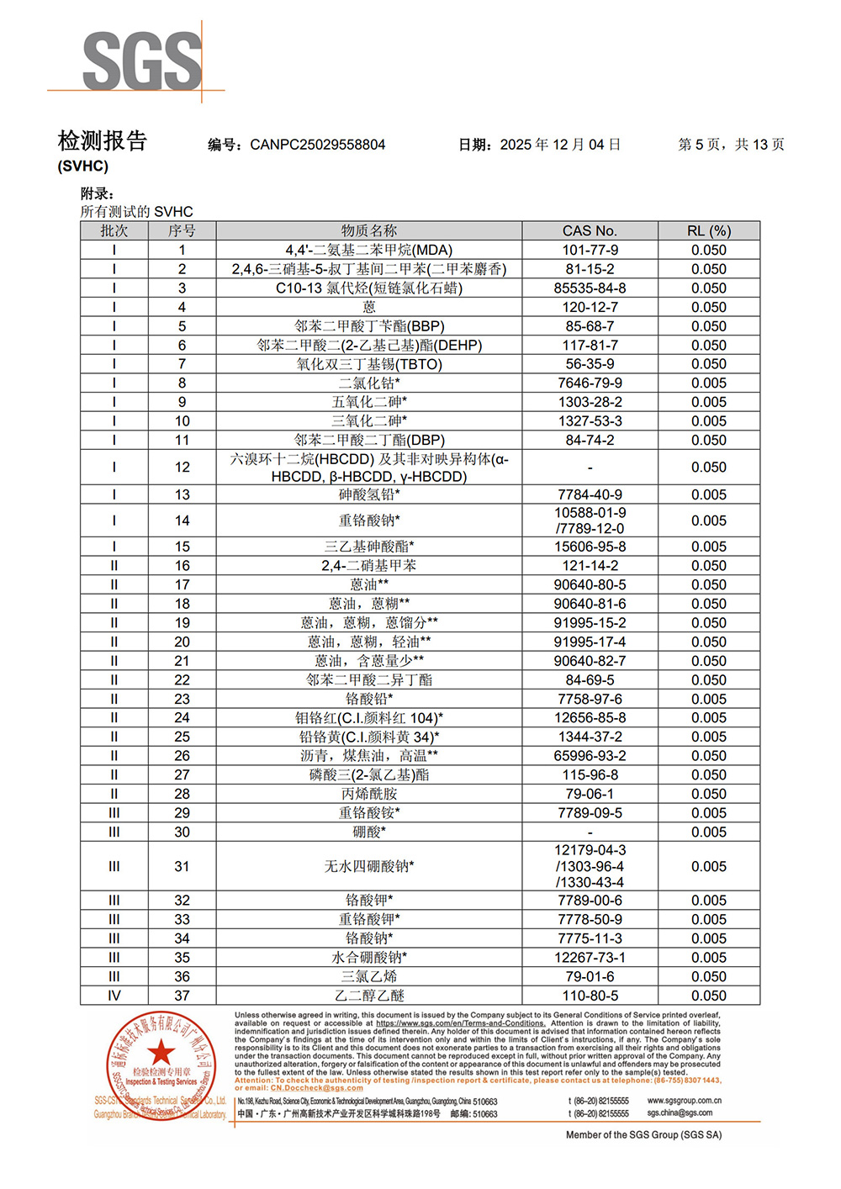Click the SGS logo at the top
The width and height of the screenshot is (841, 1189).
142,61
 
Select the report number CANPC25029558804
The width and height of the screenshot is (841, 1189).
317,145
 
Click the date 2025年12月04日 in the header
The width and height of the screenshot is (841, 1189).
560,145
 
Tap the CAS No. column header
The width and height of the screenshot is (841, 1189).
590,230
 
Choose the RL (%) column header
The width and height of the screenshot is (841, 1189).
708,230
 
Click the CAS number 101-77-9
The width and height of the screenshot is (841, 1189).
590,250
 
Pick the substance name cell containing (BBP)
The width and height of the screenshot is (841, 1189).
369,326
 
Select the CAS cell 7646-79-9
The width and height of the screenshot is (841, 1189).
590,383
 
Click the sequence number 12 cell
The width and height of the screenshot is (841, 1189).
182,467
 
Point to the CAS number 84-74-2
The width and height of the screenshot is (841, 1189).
590,440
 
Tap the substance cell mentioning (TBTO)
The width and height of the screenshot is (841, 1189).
369,364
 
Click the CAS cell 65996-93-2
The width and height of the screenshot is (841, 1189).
590,756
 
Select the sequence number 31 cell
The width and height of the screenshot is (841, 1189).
182,866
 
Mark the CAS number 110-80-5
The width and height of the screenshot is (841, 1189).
590,996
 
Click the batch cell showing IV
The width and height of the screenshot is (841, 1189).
114,996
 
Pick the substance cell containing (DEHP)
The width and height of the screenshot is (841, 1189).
369,345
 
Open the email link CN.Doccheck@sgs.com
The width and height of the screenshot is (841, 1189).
316,1088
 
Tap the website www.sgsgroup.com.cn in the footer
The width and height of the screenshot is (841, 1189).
684,1100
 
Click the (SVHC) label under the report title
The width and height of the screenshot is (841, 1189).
83,166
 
